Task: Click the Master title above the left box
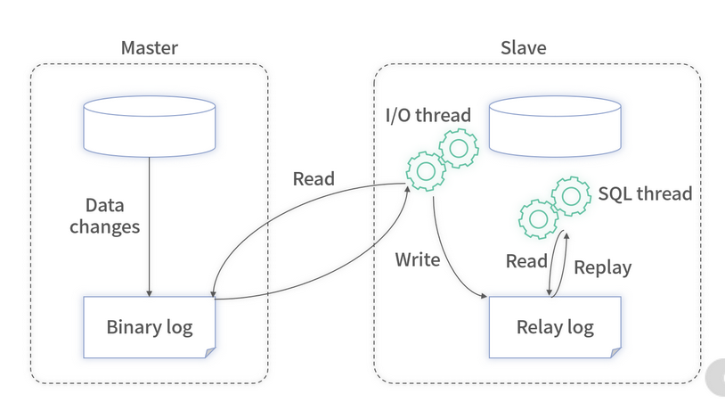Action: [x=150, y=47]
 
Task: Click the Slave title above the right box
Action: [x=524, y=47]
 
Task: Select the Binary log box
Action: [x=150, y=325]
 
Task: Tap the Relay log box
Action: [x=555, y=326]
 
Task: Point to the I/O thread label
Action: [x=428, y=115]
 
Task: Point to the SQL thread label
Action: [x=645, y=193]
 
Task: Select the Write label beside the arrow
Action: [x=418, y=260]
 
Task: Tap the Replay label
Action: [x=602, y=267]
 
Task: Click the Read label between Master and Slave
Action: [x=314, y=178]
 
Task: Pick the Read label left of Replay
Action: [x=526, y=261]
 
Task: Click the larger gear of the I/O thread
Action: [x=427, y=169]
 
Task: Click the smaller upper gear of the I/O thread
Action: [x=460, y=148]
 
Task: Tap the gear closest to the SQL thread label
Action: [x=571, y=193]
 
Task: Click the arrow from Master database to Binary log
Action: [x=149, y=223]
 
